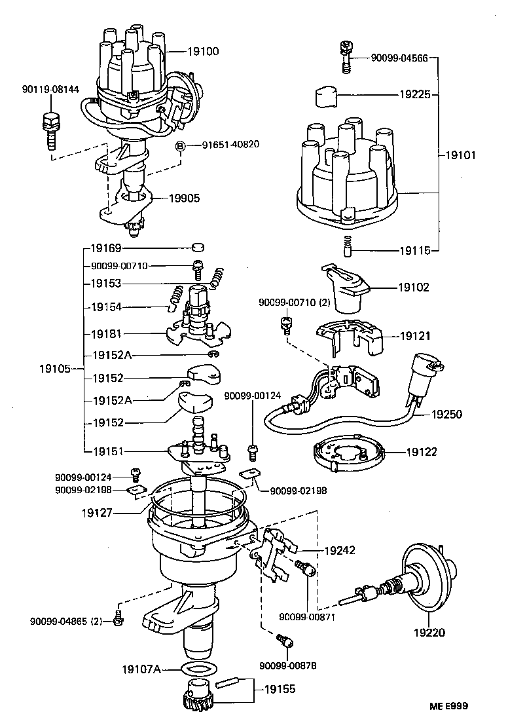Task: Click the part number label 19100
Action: pos(187,51)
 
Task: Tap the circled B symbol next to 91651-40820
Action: pos(181,145)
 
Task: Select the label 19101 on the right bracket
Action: pos(461,156)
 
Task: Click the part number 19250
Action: pos(429,414)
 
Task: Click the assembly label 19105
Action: pos(56,369)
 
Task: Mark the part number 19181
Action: pos(107,333)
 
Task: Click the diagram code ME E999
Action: pos(449,707)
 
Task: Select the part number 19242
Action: pos(339,550)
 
